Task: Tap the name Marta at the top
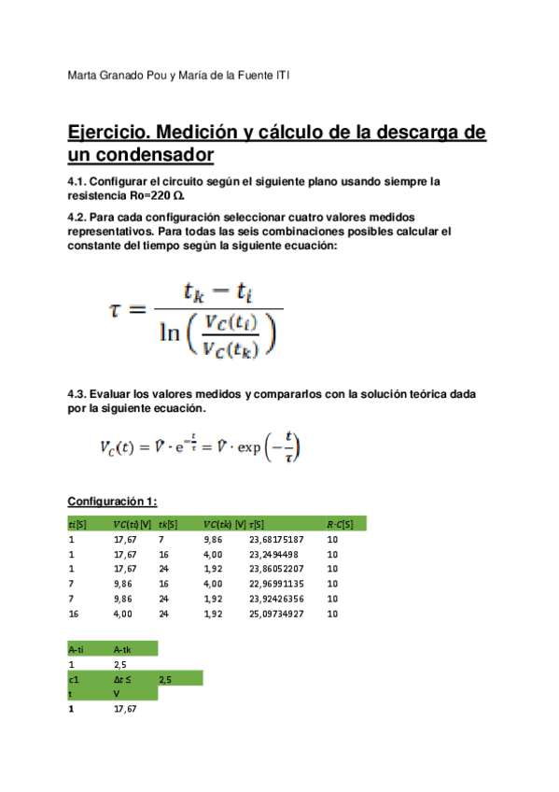(x=87, y=76)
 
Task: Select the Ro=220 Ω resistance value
(x=155, y=197)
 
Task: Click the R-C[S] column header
(x=340, y=524)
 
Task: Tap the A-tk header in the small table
(x=123, y=647)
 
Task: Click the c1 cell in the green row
(x=74, y=679)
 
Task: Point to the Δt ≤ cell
(x=122, y=679)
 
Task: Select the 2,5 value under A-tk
(x=119, y=663)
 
